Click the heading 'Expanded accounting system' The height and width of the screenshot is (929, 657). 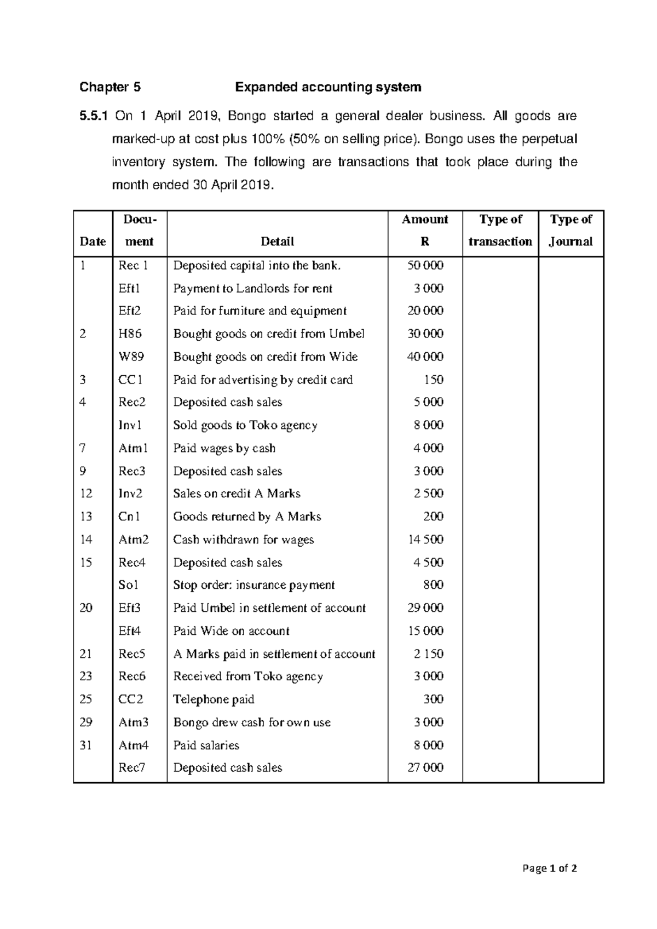(x=328, y=87)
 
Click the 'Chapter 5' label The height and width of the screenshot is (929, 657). (x=110, y=87)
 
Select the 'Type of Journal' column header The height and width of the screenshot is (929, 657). (x=570, y=231)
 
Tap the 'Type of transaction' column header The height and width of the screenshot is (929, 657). (x=500, y=231)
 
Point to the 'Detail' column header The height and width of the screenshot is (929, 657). (x=277, y=242)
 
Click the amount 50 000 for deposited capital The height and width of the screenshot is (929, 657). (x=425, y=266)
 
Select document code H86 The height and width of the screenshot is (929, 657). (x=130, y=334)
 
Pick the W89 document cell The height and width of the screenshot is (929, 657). (x=131, y=357)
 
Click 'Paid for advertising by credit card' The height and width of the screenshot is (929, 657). (x=263, y=380)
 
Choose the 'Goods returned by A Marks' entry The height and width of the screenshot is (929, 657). (x=247, y=517)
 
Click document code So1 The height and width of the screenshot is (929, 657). (x=129, y=585)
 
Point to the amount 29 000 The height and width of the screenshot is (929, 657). (x=425, y=608)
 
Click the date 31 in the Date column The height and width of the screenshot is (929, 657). (x=86, y=746)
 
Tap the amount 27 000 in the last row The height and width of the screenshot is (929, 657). (x=425, y=768)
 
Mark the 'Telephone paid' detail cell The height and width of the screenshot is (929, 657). (x=214, y=699)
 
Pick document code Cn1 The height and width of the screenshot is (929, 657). (x=129, y=517)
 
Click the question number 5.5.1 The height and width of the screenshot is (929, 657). (x=94, y=116)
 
